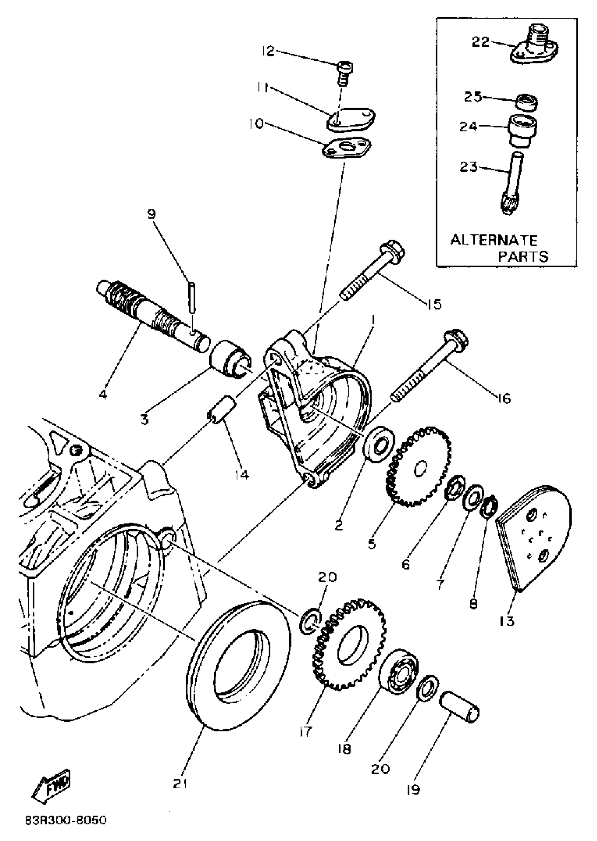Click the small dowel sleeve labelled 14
pyautogui.click(x=222, y=409)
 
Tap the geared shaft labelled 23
pyautogui.click(x=512, y=184)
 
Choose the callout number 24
pyautogui.click(x=468, y=127)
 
